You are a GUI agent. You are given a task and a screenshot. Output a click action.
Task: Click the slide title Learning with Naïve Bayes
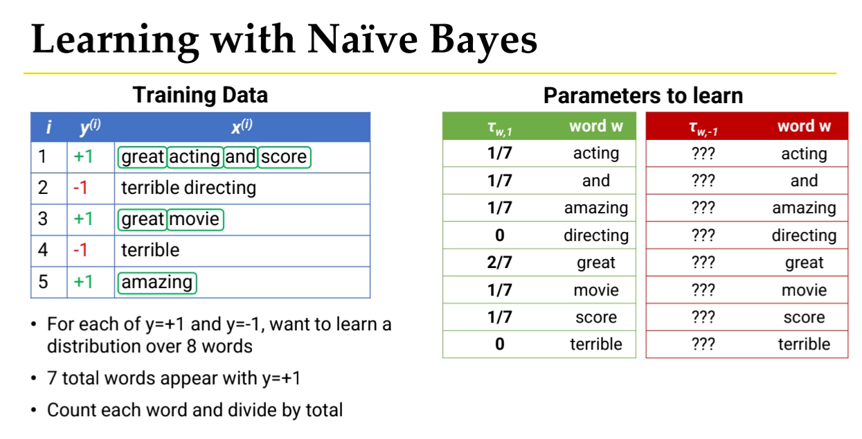pos(284,39)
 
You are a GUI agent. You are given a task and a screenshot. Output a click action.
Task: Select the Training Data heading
pos(200,95)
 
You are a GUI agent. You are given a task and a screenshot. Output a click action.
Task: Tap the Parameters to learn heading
pos(643,96)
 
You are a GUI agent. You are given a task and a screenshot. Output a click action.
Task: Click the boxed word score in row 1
pos(284,157)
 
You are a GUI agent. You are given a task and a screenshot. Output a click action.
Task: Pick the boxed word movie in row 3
pos(195,219)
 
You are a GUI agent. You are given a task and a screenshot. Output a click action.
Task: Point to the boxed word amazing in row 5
pos(157,283)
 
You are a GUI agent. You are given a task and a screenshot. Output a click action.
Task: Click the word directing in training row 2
pos(220,188)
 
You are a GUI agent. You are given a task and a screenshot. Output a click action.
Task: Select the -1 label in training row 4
pos(80,251)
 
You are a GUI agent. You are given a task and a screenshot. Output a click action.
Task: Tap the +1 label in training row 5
pos(83,282)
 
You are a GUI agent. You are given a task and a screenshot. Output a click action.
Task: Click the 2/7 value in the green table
pos(499,262)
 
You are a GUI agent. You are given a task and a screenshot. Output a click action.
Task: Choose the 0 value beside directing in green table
pos(499,235)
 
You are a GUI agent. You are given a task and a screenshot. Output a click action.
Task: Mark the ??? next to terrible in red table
pos(703,344)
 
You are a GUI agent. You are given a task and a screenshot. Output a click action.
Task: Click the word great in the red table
pos(804,263)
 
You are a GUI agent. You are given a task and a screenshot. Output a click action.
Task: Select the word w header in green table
pos(595,126)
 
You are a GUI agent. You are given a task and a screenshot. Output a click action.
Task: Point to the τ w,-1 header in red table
pos(703,128)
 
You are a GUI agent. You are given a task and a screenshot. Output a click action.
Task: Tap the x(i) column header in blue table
pos(242,126)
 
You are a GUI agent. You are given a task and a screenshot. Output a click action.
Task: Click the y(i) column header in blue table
pos(91,127)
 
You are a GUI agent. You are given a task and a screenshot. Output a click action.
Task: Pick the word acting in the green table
pos(596,154)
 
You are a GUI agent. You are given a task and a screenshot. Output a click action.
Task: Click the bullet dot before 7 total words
pos(34,379)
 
